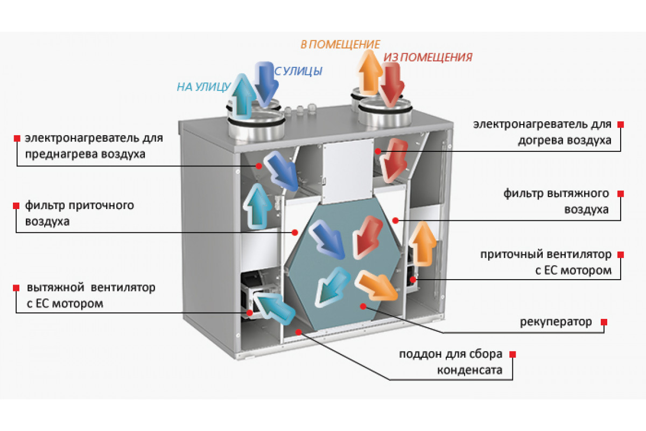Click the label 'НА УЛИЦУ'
point(203,87)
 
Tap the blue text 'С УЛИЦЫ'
point(298,71)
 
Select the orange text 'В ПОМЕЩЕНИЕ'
point(340,45)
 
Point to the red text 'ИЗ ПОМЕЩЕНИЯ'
point(427,58)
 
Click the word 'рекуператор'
point(556,322)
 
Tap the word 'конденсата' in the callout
point(470,370)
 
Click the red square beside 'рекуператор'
point(604,322)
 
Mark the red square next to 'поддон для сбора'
point(512,354)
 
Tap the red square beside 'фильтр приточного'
point(16,206)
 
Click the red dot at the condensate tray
point(298,332)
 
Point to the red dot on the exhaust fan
point(250,312)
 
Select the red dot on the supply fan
point(413,280)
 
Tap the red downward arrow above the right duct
point(391,84)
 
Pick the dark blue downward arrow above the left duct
point(265,84)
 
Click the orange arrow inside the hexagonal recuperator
point(376,286)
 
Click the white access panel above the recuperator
point(348,172)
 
